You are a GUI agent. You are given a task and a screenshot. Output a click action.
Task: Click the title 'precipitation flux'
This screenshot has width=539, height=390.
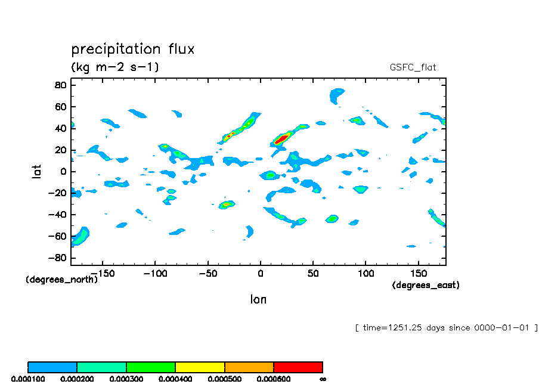coord(133,49)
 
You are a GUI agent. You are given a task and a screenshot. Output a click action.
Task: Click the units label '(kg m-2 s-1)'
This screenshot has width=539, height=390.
coord(115,67)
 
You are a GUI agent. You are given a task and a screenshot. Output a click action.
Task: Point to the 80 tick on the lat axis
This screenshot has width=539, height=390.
coord(60,85)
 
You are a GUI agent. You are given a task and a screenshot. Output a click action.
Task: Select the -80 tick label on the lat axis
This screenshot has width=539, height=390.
coord(58,258)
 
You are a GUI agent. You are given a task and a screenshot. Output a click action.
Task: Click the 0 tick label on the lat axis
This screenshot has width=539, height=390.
coord(63,172)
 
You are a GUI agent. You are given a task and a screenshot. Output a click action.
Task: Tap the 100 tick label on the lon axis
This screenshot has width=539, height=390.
coord(365,274)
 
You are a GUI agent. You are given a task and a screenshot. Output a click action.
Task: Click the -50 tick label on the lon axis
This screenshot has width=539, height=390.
coord(207,274)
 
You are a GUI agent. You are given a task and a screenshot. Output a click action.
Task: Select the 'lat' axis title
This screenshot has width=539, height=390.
coord(37,172)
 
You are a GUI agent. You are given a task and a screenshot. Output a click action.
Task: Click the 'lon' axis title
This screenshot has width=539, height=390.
coord(258,299)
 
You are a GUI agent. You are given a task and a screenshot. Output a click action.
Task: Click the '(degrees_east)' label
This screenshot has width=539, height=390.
coord(426,286)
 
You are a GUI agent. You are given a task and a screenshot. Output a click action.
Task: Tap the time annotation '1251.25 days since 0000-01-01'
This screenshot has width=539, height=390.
coord(447,327)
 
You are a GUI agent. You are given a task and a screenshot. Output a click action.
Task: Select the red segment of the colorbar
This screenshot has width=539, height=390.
coord(298,367)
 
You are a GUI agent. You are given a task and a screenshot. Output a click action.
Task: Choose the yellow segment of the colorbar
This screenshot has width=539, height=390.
coord(200,367)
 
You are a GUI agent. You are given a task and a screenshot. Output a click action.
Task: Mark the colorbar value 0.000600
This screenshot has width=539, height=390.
coord(273,379)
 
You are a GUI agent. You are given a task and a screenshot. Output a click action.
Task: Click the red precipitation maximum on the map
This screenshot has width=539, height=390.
coord(281,138)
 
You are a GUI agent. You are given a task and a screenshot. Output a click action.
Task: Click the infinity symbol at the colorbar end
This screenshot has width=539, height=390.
coord(323,379)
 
